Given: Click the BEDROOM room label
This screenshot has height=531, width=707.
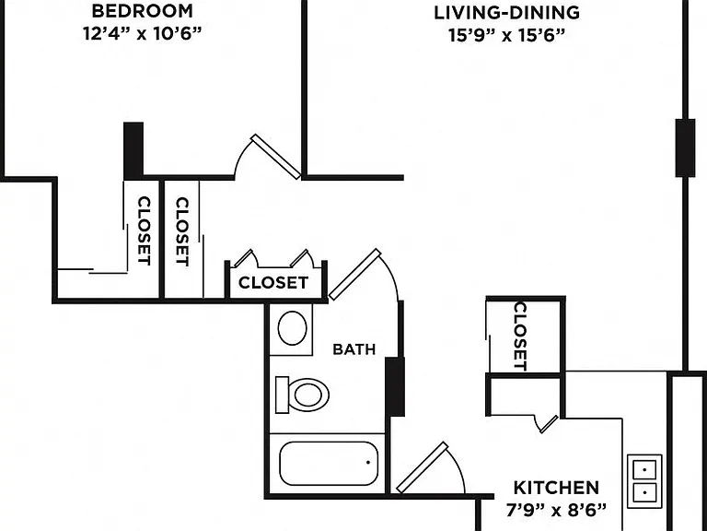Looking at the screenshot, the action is point(142,11).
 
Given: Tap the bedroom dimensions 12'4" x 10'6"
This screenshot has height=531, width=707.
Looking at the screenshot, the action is point(142,33).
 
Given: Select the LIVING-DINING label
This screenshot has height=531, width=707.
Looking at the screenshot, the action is point(506,13).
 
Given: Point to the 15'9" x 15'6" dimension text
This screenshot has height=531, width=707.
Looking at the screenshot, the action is point(506,35).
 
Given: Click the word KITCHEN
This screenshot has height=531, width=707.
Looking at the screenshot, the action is point(556,488).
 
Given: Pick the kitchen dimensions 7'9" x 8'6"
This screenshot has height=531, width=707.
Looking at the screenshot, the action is point(556,510).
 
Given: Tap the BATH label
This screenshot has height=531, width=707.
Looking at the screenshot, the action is point(353,349).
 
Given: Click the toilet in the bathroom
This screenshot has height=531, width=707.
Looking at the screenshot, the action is point(302,395).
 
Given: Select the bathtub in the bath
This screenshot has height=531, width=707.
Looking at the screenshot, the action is point(329,464).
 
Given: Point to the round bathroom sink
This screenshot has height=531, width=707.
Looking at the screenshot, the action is point(292,328).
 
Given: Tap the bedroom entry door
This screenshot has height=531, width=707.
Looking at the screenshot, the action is point(275,156).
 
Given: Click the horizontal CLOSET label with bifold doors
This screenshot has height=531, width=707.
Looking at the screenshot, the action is point(273,283).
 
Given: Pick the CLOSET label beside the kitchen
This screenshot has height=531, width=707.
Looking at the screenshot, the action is point(520,336).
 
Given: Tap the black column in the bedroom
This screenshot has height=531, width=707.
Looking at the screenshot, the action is point(133,150).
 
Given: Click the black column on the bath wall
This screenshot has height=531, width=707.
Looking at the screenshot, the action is point(395,386).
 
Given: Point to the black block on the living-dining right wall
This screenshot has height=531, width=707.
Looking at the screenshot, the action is point(685,148).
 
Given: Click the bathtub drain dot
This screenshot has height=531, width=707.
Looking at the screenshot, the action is point(368,463).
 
